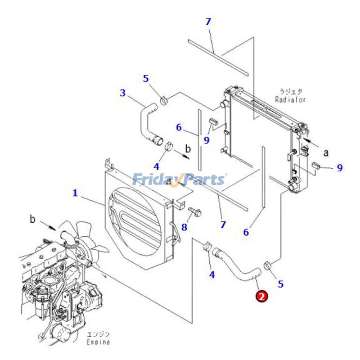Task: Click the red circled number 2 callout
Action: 261,296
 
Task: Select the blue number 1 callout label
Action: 75,193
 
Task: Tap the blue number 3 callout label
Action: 122,93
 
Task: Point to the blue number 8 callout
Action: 184,227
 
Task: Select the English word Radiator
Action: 290,99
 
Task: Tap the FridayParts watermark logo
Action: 180,180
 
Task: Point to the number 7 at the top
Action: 208,22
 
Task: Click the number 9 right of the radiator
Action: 340,168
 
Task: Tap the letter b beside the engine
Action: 32,219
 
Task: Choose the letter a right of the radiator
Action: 326,153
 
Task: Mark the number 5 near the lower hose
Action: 281,284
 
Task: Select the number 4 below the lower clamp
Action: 211,274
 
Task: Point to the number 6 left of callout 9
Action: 179,128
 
